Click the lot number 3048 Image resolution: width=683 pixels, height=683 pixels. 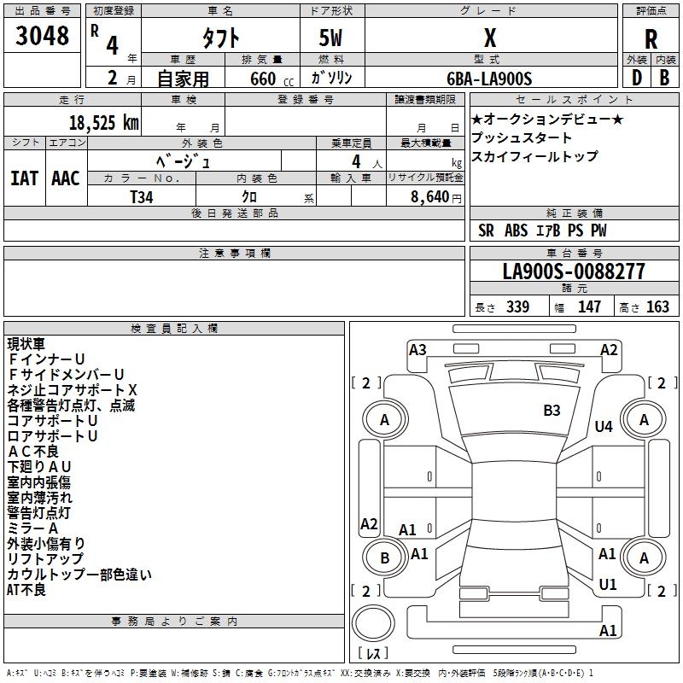click(42, 36)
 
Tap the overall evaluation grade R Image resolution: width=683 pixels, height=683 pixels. click(651, 38)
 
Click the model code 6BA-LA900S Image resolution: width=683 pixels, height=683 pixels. click(489, 79)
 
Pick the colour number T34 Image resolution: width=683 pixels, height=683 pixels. click(142, 196)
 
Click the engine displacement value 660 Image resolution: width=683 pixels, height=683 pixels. click(262, 79)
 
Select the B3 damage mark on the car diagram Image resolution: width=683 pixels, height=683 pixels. click(552, 411)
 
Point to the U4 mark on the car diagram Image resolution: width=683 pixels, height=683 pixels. click(604, 426)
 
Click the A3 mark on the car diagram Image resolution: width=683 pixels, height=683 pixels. click(417, 349)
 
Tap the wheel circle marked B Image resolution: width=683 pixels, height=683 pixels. click(384, 557)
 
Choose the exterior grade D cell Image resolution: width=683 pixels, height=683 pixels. click(635, 79)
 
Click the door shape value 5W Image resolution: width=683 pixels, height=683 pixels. click(332, 38)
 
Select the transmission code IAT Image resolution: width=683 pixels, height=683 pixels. click(24, 178)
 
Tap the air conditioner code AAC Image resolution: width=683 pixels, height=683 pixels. click(65, 178)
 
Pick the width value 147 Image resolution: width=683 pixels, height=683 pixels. click(589, 307)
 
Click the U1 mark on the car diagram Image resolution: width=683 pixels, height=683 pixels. click(608, 585)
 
